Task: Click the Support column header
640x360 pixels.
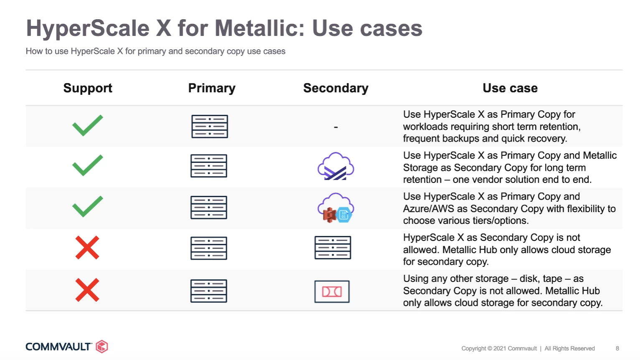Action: coord(88,88)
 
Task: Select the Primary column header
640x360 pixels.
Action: coord(212,88)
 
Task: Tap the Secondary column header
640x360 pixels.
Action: coord(336,88)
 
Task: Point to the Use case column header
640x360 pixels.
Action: coord(510,88)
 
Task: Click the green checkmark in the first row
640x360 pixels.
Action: coord(87,125)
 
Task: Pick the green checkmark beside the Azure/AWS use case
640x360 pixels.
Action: coord(87,206)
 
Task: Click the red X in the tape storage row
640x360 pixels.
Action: coord(87,290)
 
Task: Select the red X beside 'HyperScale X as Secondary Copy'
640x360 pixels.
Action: coord(87,247)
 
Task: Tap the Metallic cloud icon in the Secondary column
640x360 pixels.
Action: coord(336,166)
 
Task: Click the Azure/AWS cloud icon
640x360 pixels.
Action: coord(336,208)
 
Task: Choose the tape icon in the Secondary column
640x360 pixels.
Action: coord(332,292)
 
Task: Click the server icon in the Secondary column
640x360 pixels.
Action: coord(333,247)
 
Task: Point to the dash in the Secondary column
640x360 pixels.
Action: coord(336,127)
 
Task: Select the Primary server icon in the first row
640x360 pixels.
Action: coord(210,126)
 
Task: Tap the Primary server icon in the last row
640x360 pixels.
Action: coord(209,291)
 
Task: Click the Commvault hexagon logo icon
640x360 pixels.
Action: coord(102,347)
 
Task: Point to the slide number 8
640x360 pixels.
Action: coord(617,349)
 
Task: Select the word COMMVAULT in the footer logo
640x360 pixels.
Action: coord(58,347)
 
